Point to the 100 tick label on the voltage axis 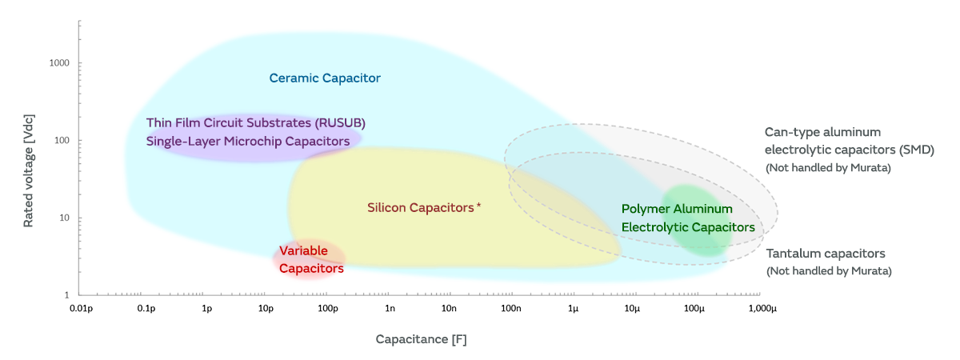click(61, 141)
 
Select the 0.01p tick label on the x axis click(82, 308)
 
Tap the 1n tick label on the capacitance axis click(390, 308)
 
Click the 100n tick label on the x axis click(511, 308)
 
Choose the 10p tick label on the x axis click(266, 308)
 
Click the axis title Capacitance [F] click(421, 339)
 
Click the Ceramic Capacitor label click(325, 78)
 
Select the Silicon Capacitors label click(421, 208)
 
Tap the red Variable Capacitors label click(311, 260)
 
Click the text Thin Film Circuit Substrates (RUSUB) click(255, 123)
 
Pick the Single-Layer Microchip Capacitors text click(248, 142)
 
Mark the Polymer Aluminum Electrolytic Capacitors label click(688, 218)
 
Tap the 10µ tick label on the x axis click(634, 308)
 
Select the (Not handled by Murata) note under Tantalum click(829, 271)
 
